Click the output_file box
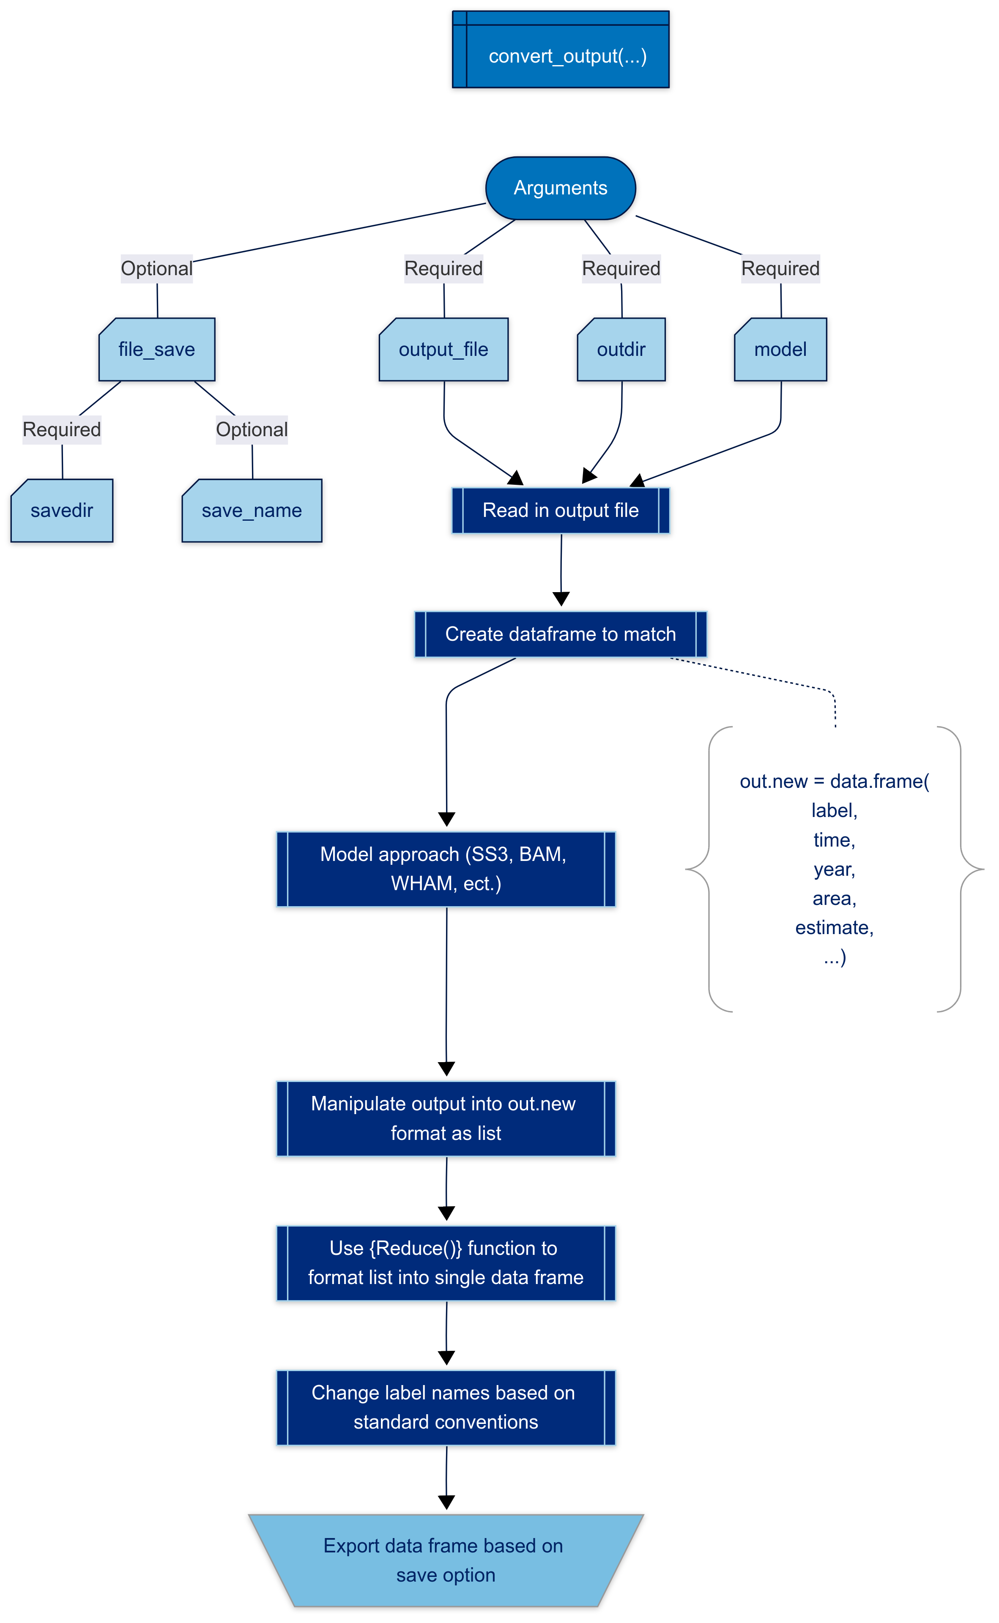tap(443, 350)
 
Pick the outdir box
tap(621, 350)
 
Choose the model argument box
tap(780, 350)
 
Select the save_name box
tap(252, 511)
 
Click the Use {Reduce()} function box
tap(446, 1263)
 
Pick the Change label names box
tap(446, 1408)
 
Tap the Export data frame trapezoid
tap(446, 1560)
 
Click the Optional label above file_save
tap(156, 269)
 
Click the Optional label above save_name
tap(252, 430)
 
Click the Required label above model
tap(780, 269)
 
